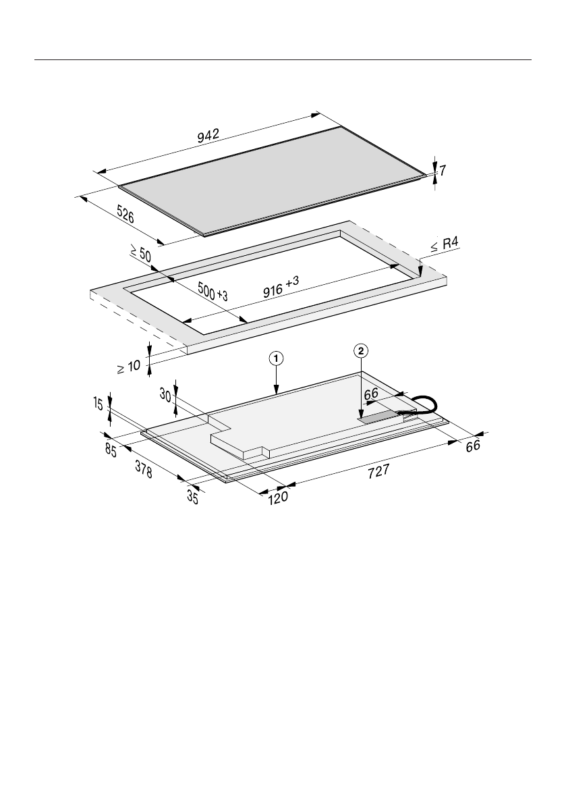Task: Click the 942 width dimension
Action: [x=208, y=136]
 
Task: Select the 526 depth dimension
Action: [x=125, y=214]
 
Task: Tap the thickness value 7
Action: [x=443, y=170]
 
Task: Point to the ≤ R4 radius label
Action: [x=444, y=244]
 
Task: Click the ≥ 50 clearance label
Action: [x=140, y=254]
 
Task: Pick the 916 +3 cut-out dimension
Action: [x=281, y=287]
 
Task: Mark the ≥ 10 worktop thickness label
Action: [x=129, y=367]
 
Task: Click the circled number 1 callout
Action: [x=276, y=358]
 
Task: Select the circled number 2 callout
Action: [x=361, y=351]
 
